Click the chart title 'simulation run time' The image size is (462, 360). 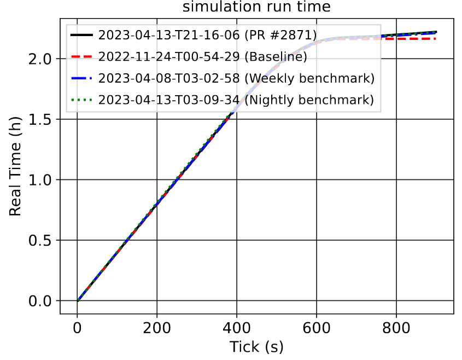tap(256, 8)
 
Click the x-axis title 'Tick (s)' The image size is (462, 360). tap(256, 346)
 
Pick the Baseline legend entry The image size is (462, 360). tap(203, 57)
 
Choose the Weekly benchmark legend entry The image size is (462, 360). tap(236, 78)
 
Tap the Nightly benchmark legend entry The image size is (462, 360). tap(236, 100)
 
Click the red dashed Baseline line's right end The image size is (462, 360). tap(436, 39)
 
